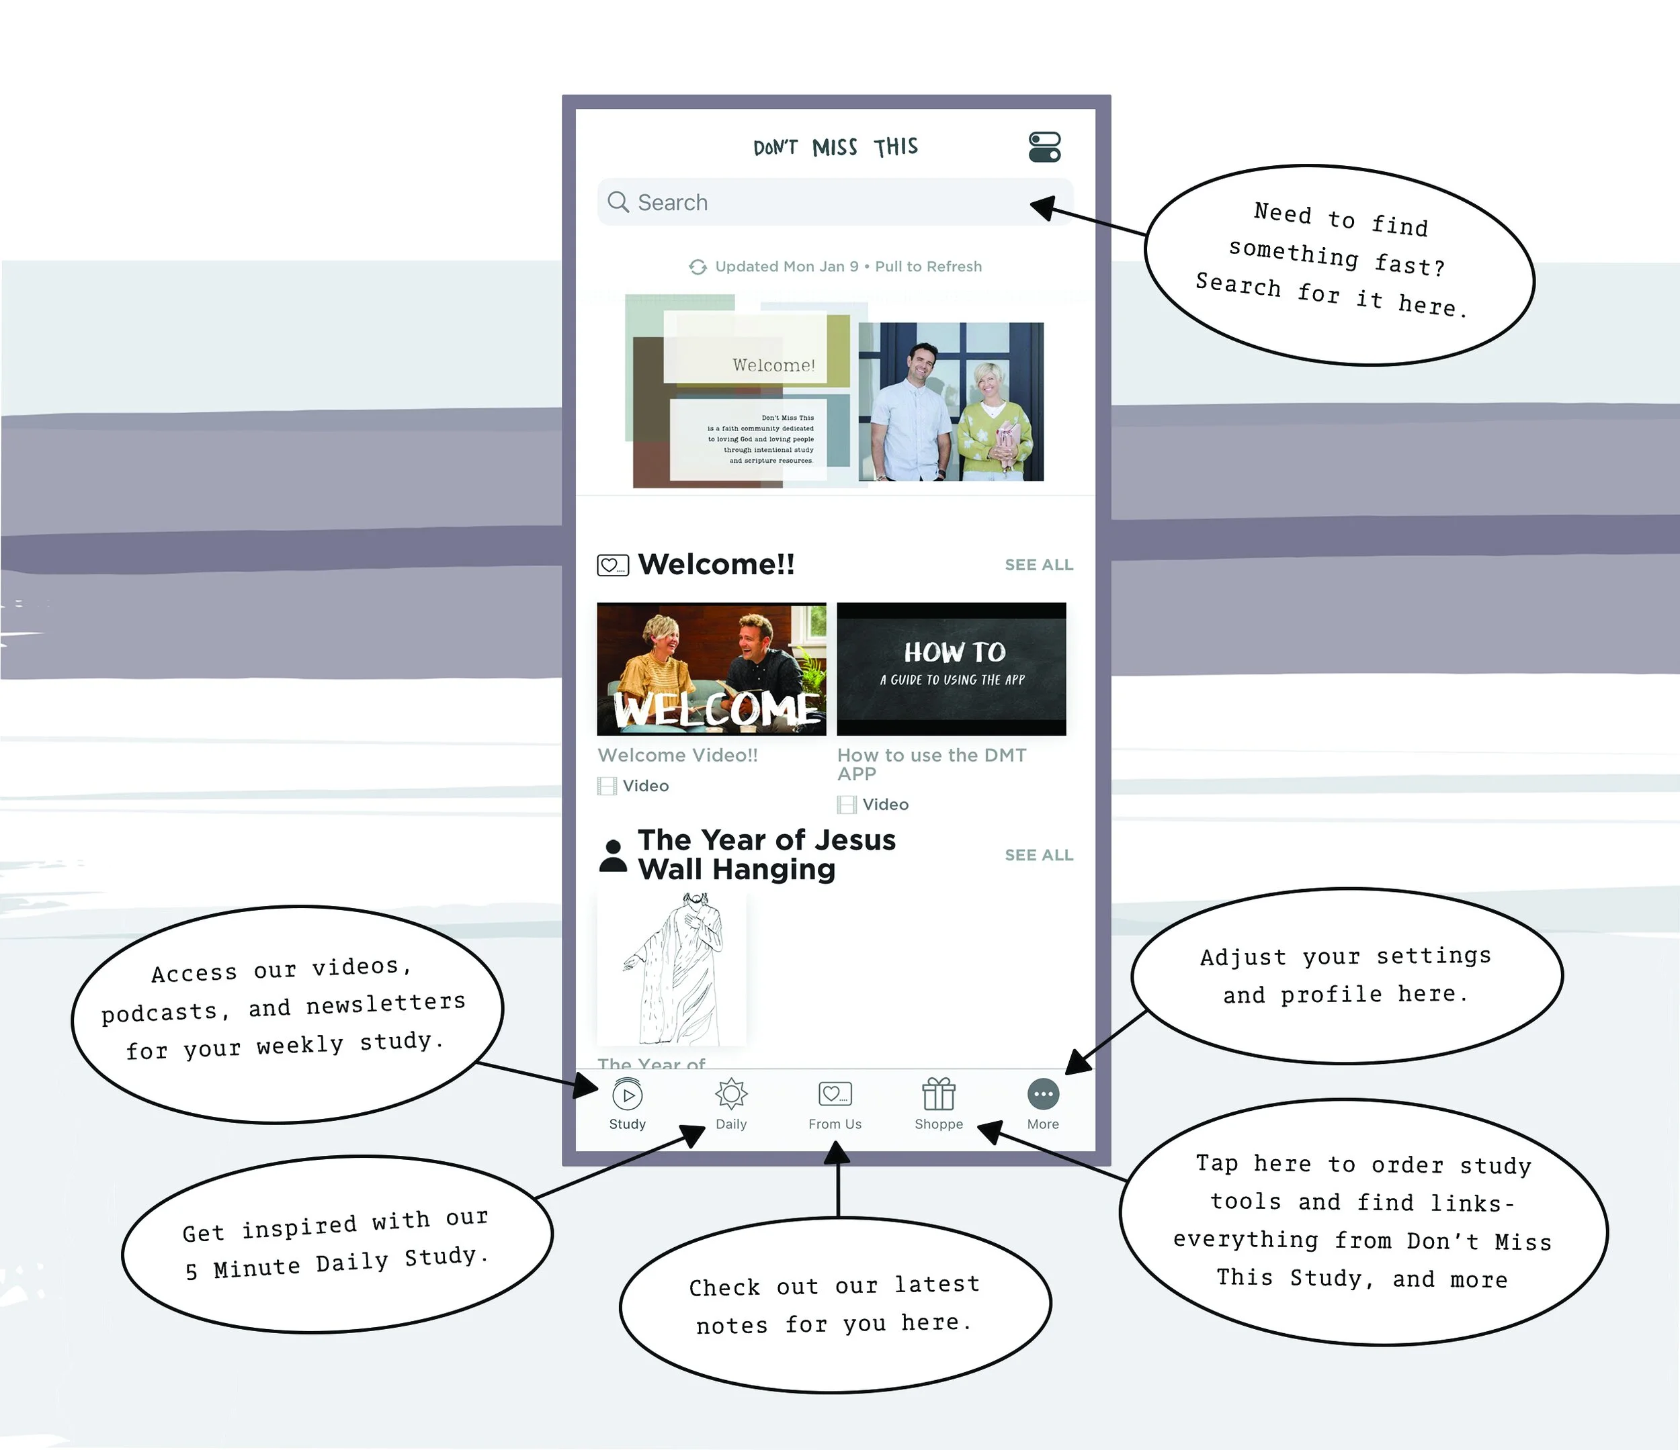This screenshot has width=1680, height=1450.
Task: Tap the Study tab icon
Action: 628,1095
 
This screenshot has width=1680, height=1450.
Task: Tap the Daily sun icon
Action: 730,1094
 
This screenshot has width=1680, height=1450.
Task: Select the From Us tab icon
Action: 835,1094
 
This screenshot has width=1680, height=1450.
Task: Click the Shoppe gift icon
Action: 938,1094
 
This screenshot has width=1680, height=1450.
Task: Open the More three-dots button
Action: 1043,1094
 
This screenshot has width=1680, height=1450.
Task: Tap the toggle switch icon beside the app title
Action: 1044,146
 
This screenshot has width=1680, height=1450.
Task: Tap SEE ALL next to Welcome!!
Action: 1039,565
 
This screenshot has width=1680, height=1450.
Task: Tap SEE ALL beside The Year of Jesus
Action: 1039,855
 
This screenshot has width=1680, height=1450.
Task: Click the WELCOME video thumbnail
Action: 711,670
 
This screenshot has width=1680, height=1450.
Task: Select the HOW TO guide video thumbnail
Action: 951,670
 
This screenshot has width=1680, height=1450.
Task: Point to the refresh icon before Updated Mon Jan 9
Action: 698,267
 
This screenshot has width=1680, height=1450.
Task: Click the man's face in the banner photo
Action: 922,365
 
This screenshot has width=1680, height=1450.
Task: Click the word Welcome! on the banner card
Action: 773,365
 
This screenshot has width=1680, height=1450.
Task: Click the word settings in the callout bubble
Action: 1433,956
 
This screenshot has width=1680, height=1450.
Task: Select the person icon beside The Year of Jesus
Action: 613,856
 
